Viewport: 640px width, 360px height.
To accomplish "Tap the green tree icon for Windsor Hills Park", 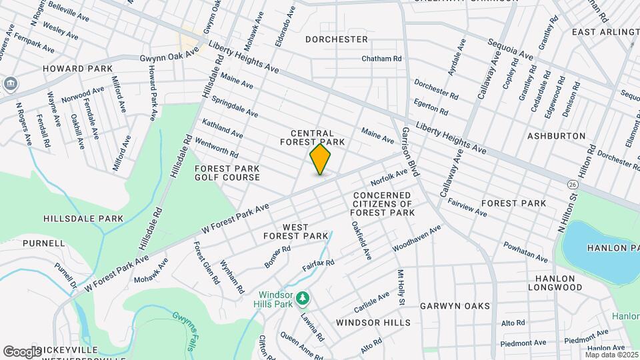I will click(x=303, y=297).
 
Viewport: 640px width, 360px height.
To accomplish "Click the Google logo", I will click(x=22, y=351).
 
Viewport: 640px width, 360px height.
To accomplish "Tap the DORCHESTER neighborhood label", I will click(x=337, y=39).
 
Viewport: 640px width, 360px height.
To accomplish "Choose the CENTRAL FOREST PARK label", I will click(x=317, y=137).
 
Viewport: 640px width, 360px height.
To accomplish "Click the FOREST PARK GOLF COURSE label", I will click(x=227, y=173).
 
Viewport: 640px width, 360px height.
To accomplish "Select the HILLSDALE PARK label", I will click(x=83, y=219).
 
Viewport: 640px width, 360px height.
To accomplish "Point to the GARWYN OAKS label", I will click(x=455, y=306).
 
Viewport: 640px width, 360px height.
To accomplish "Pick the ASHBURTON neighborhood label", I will click(x=556, y=136).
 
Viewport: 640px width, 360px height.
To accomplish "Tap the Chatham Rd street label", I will click(x=381, y=59).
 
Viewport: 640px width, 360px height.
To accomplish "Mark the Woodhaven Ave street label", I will click(x=417, y=239).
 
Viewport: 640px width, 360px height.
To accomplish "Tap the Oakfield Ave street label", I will click(x=361, y=240).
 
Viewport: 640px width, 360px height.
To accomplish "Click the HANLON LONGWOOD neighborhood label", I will click(x=555, y=283).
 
